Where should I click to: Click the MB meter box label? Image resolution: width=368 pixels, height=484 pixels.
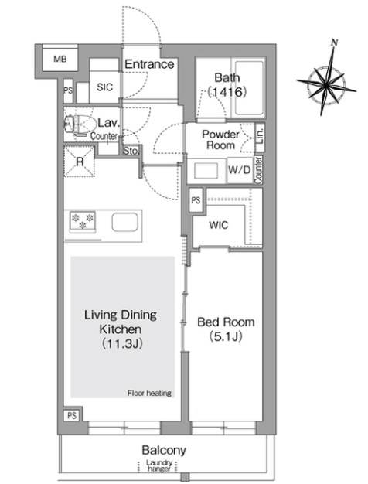(60, 59)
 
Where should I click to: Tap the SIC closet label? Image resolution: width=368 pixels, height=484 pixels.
(104, 87)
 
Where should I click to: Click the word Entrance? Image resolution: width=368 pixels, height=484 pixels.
(149, 64)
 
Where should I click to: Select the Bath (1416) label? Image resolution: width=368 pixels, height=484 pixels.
(227, 84)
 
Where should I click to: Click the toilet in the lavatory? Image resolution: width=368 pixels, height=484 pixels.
(80, 124)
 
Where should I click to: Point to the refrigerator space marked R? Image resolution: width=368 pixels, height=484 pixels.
(80, 162)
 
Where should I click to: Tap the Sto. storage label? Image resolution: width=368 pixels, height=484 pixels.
(131, 151)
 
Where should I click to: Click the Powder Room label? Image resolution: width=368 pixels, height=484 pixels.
(220, 139)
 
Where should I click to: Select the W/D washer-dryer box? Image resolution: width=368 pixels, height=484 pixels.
(240, 170)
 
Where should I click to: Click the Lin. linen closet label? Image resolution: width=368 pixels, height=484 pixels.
(260, 136)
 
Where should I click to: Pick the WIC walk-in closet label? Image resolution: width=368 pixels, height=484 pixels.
(219, 225)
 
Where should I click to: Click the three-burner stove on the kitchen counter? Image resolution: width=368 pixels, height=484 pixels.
(83, 221)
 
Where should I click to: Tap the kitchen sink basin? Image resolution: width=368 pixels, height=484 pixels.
(124, 222)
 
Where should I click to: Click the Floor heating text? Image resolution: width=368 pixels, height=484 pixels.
(149, 394)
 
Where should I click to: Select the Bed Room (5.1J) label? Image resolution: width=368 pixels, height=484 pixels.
(226, 329)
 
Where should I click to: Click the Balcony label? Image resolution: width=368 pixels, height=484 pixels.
(164, 451)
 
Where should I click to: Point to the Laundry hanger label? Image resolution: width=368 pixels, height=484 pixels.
(159, 466)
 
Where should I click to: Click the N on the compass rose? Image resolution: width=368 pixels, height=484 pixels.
(334, 43)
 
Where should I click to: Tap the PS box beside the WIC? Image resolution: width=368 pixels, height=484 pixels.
(196, 200)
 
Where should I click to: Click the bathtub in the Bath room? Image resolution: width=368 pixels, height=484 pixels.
(249, 89)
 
